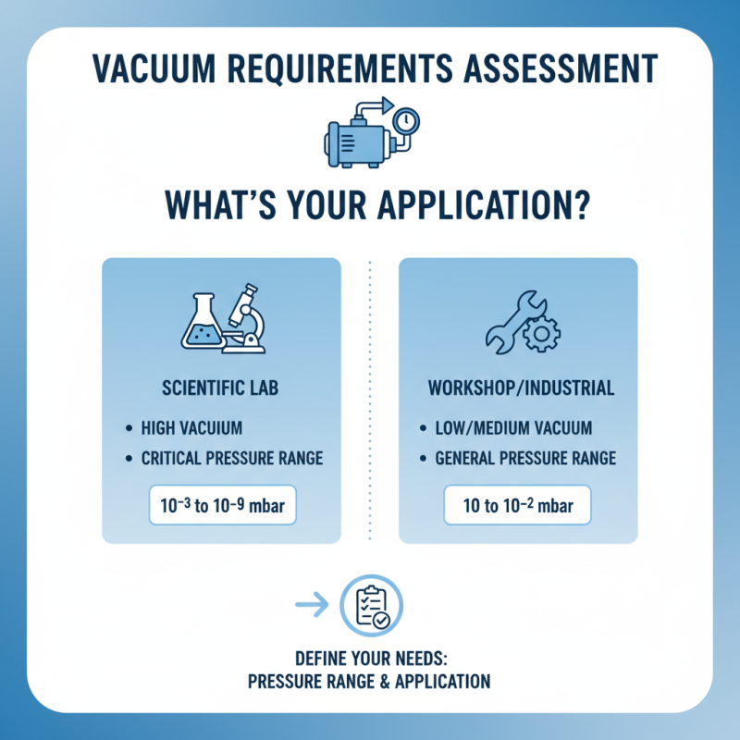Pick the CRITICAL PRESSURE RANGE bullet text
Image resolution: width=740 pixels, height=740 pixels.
pos(231,457)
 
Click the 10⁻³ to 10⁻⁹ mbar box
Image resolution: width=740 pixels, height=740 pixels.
pos(221,505)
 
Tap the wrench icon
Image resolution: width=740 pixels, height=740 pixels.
pos(506,324)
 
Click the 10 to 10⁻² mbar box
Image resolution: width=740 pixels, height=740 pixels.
pos(517,505)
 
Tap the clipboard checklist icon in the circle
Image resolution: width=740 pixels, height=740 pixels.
pos(372,606)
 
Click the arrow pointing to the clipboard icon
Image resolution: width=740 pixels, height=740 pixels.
pos(312,606)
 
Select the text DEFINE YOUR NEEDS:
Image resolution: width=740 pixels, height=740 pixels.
pos(369,660)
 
